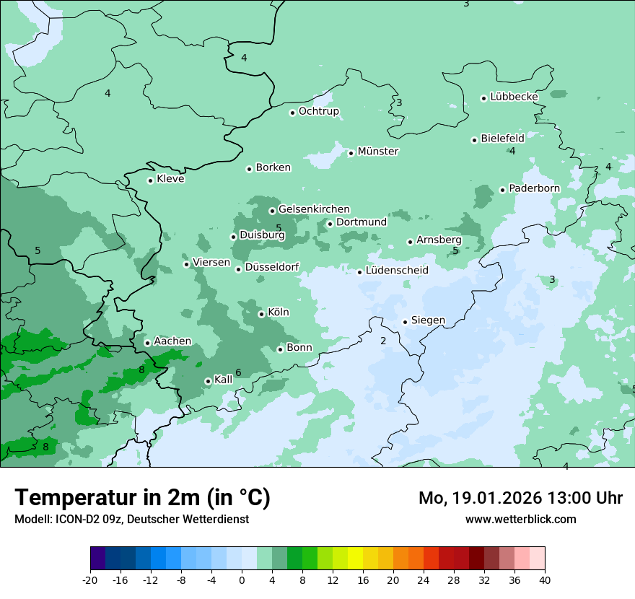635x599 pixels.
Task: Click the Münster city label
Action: tap(377, 152)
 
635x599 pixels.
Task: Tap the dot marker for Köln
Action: tap(261, 314)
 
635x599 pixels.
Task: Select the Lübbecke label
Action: tap(514, 97)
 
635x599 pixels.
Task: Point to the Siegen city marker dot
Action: tap(405, 322)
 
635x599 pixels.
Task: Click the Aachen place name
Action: tap(172, 341)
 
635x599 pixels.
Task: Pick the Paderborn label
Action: tap(534, 188)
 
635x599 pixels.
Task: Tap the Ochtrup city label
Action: tap(318, 111)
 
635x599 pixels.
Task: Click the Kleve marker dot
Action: tap(150, 180)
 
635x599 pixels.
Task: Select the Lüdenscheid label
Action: tap(397, 271)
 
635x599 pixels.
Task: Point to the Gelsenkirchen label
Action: tap(314, 209)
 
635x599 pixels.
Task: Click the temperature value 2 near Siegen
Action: tap(383, 341)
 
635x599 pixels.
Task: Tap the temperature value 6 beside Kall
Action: tap(238, 372)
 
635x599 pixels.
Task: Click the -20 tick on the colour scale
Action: tap(90, 580)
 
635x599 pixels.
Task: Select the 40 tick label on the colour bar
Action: tap(545, 580)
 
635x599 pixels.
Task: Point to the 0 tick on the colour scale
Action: tap(242, 580)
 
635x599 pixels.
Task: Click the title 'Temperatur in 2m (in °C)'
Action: tap(142, 497)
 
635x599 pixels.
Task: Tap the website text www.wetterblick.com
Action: tap(520, 519)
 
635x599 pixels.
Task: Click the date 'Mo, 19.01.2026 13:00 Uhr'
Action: tap(520, 498)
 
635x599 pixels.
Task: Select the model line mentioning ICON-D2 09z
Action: tap(131, 519)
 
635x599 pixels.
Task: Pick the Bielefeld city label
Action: tap(502, 138)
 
